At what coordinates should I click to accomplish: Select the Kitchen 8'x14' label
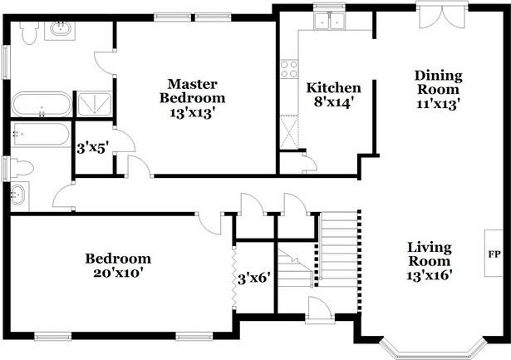pyautogui.click(x=334, y=96)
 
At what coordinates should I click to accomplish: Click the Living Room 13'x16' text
pyautogui.click(x=429, y=260)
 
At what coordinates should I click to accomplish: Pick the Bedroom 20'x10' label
pyautogui.click(x=118, y=265)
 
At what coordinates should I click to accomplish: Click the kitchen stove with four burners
pyautogui.click(x=289, y=69)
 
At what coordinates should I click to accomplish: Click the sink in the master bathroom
pyautogui.click(x=61, y=31)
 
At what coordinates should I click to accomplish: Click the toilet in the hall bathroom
pyautogui.click(x=21, y=167)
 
